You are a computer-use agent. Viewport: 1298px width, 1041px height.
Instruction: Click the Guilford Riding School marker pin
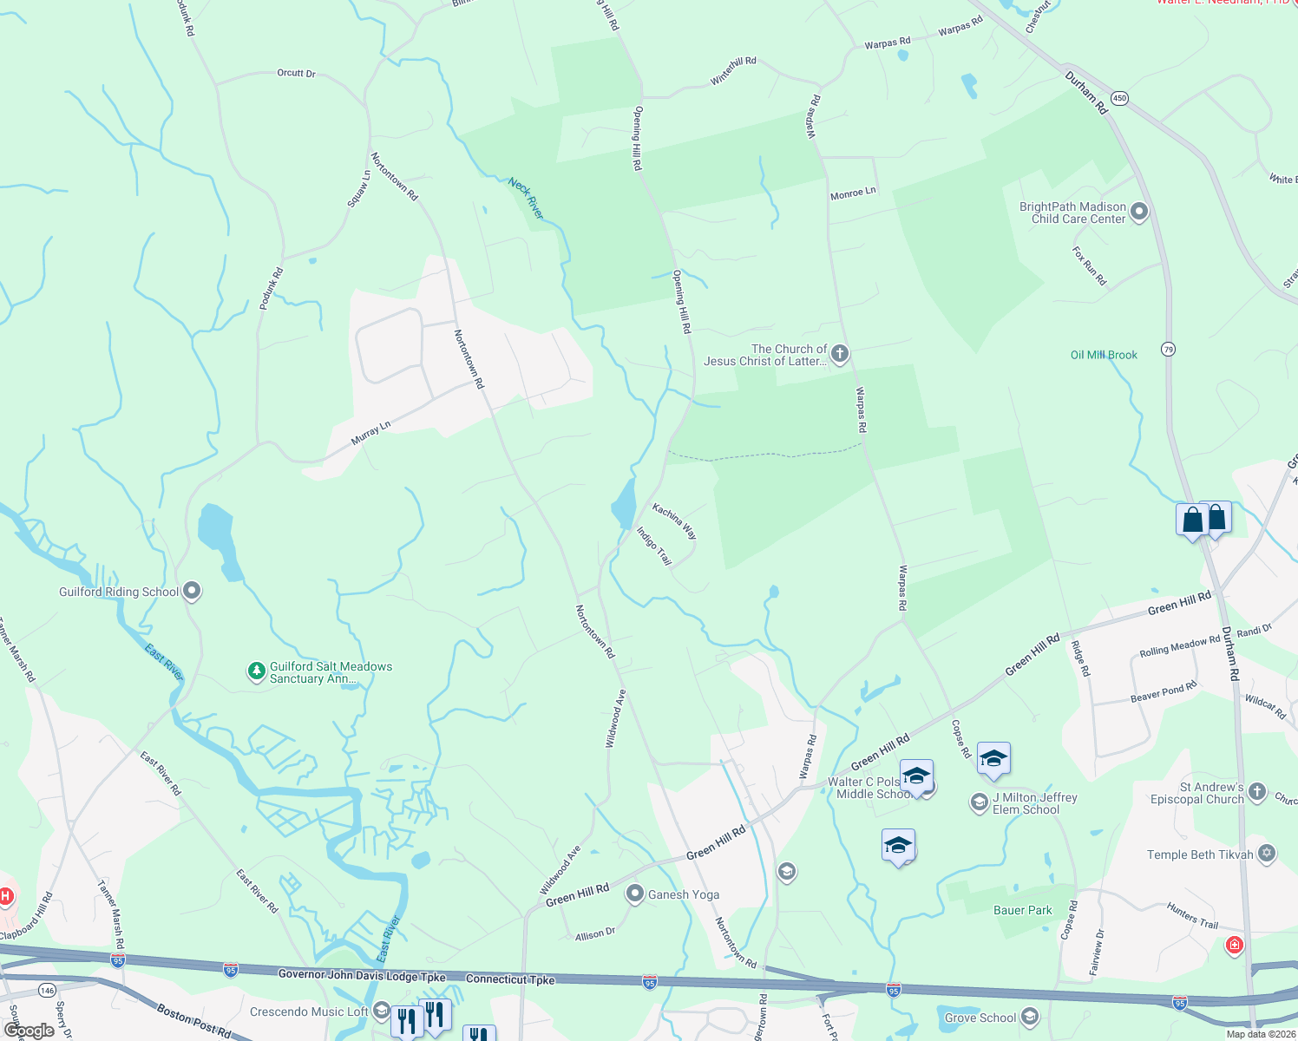(x=192, y=592)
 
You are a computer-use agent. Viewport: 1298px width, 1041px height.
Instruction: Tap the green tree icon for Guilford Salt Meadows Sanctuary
(x=256, y=671)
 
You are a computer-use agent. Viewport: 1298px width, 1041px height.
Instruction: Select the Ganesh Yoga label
(x=684, y=894)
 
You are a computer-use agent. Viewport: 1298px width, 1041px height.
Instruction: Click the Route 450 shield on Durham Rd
(x=1119, y=98)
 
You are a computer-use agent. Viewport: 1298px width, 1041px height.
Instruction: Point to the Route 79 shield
(x=1169, y=350)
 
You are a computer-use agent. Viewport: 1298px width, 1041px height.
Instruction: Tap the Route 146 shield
(x=47, y=990)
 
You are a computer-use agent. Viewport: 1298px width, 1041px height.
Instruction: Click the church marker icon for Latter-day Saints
(x=839, y=354)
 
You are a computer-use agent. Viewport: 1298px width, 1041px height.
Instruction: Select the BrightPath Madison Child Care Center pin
(x=1139, y=212)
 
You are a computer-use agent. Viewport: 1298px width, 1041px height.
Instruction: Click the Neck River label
(x=526, y=198)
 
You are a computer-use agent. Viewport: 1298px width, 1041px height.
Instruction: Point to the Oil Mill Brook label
(x=1104, y=355)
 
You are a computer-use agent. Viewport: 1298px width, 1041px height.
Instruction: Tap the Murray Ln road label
(x=370, y=432)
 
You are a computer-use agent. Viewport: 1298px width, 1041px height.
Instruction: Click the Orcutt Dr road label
(x=296, y=74)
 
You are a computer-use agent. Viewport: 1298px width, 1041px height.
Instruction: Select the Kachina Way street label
(x=674, y=520)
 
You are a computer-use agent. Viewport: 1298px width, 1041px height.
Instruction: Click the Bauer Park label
(x=1022, y=910)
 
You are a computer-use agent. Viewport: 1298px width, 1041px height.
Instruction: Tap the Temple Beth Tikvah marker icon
(x=1267, y=854)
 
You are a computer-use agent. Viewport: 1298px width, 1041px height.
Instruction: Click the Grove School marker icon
(x=1030, y=1017)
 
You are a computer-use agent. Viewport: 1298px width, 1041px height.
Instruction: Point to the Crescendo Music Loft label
(x=309, y=1012)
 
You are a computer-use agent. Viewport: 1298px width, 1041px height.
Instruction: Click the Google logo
(x=29, y=1030)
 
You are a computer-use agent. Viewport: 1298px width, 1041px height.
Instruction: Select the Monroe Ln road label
(x=853, y=193)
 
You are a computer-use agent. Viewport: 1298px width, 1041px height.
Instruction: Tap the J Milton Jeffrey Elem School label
(x=1034, y=803)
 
